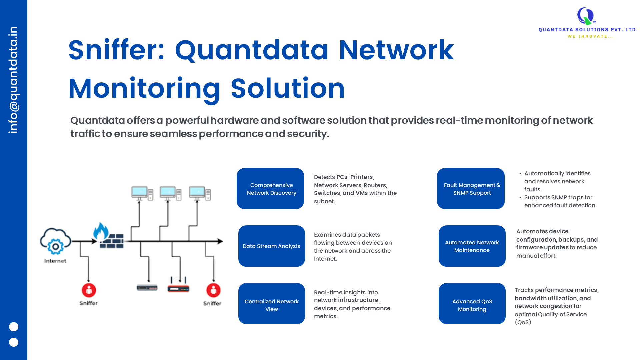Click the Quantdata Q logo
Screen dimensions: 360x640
[x=586, y=16]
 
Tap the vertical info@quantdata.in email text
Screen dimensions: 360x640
[x=13, y=80]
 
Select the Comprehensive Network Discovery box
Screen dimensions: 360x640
[x=270, y=189]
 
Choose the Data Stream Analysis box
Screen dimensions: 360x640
[x=271, y=246]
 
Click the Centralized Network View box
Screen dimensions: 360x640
[x=271, y=304]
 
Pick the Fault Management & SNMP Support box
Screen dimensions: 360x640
[x=471, y=189]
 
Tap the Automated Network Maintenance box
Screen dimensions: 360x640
[x=472, y=246]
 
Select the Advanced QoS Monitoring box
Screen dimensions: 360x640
[x=472, y=304]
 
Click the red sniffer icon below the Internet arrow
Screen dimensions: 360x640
[x=89, y=290]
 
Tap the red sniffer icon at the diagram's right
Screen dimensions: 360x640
[x=213, y=290]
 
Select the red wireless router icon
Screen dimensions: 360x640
[x=178, y=286]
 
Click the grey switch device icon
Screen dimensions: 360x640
[x=147, y=287]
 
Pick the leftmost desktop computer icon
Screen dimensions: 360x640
[x=142, y=194]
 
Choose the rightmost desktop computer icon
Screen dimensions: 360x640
[x=200, y=194]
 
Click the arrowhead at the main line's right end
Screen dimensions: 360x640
[x=220, y=241]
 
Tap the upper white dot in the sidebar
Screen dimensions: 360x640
[x=14, y=327]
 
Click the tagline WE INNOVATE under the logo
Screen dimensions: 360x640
[x=591, y=36]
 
